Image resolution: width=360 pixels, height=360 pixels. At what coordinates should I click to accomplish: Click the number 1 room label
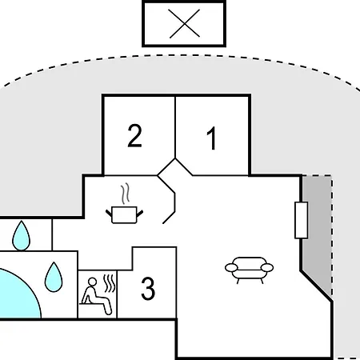[x=211, y=138]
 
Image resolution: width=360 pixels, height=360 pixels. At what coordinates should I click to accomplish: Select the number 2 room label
[x=134, y=135]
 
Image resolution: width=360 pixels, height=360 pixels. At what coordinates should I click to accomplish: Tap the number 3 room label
[x=148, y=288]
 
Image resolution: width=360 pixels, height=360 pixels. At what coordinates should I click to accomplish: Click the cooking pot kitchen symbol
[x=124, y=214]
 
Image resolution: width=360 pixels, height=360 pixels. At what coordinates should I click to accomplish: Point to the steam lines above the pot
[x=125, y=194]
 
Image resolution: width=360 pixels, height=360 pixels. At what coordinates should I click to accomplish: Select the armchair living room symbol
[x=249, y=270]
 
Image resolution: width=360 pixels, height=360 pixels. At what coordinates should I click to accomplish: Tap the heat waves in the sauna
[x=110, y=283]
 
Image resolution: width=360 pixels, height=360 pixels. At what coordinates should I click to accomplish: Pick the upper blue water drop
[x=22, y=236]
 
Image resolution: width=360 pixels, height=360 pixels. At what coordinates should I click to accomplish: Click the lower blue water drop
[x=54, y=277]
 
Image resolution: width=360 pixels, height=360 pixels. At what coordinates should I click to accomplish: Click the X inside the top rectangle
[x=184, y=23]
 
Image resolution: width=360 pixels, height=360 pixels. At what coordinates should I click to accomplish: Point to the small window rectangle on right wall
[x=302, y=220]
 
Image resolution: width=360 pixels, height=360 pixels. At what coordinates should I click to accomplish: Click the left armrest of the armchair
[x=231, y=267]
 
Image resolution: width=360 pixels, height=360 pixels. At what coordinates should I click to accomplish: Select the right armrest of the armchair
[x=267, y=267]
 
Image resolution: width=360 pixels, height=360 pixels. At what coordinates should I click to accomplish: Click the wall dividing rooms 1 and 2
[x=175, y=127]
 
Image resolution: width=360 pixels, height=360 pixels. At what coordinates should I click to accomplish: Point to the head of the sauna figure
[x=92, y=282]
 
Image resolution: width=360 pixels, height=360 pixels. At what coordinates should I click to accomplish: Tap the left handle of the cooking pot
[x=109, y=213]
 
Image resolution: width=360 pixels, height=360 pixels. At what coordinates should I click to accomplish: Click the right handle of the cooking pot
[x=140, y=213]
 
